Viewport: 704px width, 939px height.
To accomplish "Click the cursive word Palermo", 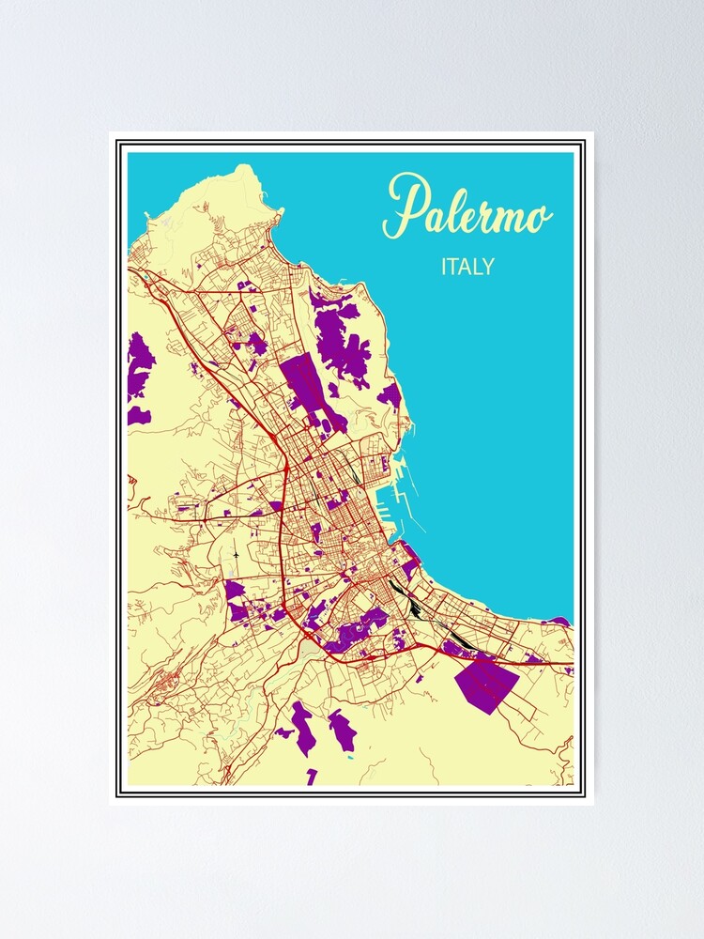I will click(467, 208).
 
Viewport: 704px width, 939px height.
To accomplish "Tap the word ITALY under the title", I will click(467, 267).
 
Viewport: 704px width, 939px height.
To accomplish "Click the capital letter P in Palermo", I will click(404, 206).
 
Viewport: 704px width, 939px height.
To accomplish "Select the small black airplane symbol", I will click(236, 555).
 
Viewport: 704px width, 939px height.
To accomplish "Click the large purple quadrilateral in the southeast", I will click(486, 685).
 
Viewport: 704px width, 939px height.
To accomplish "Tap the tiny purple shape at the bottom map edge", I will click(312, 776).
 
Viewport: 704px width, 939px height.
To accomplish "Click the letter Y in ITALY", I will click(487, 267).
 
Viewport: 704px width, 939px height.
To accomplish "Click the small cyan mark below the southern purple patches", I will click(349, 756).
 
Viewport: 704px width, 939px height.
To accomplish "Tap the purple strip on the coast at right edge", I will click(559, 621).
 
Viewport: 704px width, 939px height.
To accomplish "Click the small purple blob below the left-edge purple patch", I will click(139, 415).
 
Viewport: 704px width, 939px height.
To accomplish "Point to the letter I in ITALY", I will click(444, 267).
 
